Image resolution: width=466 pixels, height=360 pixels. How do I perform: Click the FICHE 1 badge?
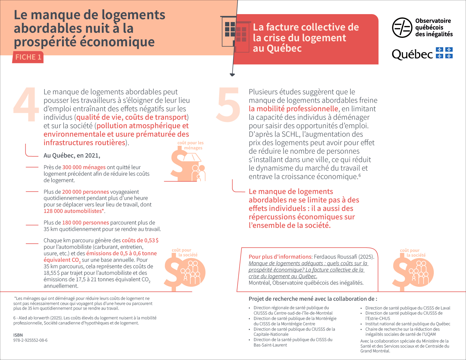coord(28,57)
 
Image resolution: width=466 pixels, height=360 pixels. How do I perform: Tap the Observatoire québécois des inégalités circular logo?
coord(402,28)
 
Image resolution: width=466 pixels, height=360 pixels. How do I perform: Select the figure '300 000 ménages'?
coord(84,167)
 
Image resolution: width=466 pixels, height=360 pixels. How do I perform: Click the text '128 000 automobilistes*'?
coord(74,211)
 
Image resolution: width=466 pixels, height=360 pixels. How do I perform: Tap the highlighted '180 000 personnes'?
coord(85,222)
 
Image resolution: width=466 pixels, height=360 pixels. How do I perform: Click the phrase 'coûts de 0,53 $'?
coord(140,240)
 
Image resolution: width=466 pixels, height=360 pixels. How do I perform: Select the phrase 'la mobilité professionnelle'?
coord(293,109)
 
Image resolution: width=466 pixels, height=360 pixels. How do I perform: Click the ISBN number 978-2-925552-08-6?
coord(30,340)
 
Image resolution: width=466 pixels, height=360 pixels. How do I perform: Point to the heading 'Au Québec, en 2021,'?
coord(72,155)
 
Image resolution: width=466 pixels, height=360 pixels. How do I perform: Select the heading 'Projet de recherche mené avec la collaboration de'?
coord(313,299)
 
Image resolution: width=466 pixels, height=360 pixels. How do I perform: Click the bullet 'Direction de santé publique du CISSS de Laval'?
coord(408,308)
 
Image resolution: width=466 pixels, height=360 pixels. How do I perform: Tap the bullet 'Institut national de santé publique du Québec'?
coord(408,324)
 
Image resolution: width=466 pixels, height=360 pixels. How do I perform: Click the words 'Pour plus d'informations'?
coord(280,257)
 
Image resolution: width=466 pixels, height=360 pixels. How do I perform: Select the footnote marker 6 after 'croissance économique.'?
coord(360,175)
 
